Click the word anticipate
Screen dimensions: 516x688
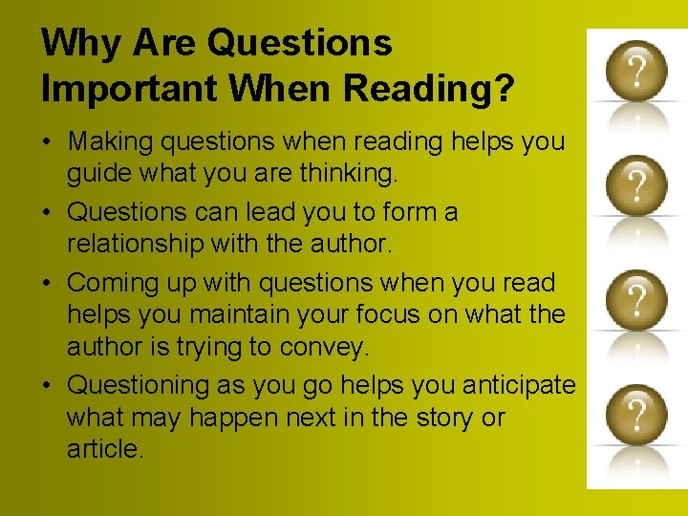pyautogui.click(x=518, y=385)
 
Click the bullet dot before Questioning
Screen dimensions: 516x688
pyautogui.click(x=49, y=386)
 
